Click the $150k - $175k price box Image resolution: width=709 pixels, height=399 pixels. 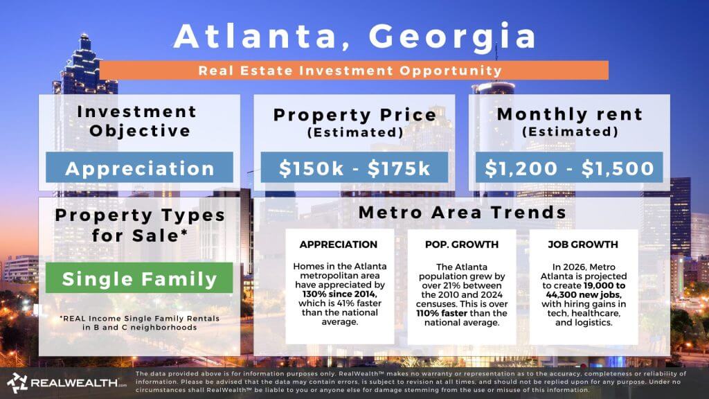click(x=354, y=168)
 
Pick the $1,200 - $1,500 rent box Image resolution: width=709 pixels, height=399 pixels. click(x=569, y=168)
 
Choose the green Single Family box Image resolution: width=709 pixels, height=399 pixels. click(x=139, y=279)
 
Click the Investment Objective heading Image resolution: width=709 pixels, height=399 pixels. click(x=137, y=121)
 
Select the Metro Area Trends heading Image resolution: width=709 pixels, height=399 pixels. click(x=462, y=213)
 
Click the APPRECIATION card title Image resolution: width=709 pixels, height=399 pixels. click(x=338, y=245)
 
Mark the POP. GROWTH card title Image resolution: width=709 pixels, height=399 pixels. click(x=461, y=245)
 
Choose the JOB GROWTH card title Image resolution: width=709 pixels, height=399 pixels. click(x=583, y=245)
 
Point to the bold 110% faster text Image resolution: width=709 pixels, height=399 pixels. click(x=444, y=313)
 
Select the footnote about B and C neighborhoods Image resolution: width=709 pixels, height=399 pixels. click(x=139, y=323)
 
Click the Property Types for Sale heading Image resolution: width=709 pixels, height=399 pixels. click(x=141, y=225)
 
